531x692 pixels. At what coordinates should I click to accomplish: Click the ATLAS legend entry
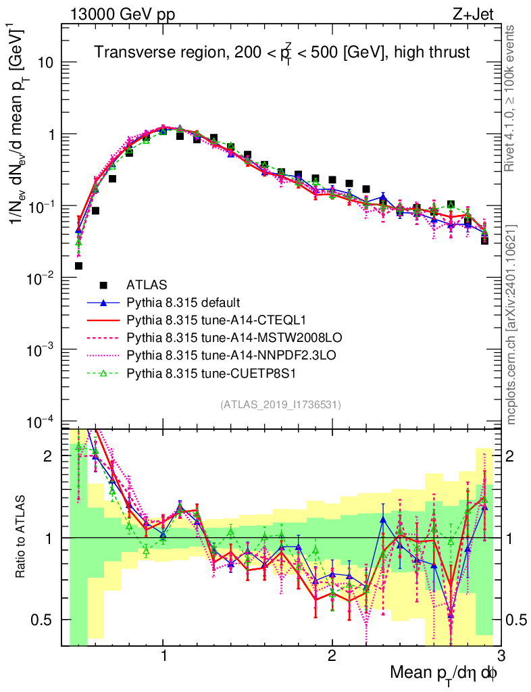point(146,285)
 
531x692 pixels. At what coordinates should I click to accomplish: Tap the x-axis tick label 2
point(332,656)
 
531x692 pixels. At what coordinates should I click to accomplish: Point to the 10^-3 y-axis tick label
point(43,349)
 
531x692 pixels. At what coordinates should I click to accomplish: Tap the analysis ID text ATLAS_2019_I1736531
point(280,405)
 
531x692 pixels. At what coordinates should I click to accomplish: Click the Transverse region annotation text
point(281,53)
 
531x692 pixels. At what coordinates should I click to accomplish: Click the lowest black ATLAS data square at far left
point(78,266)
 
